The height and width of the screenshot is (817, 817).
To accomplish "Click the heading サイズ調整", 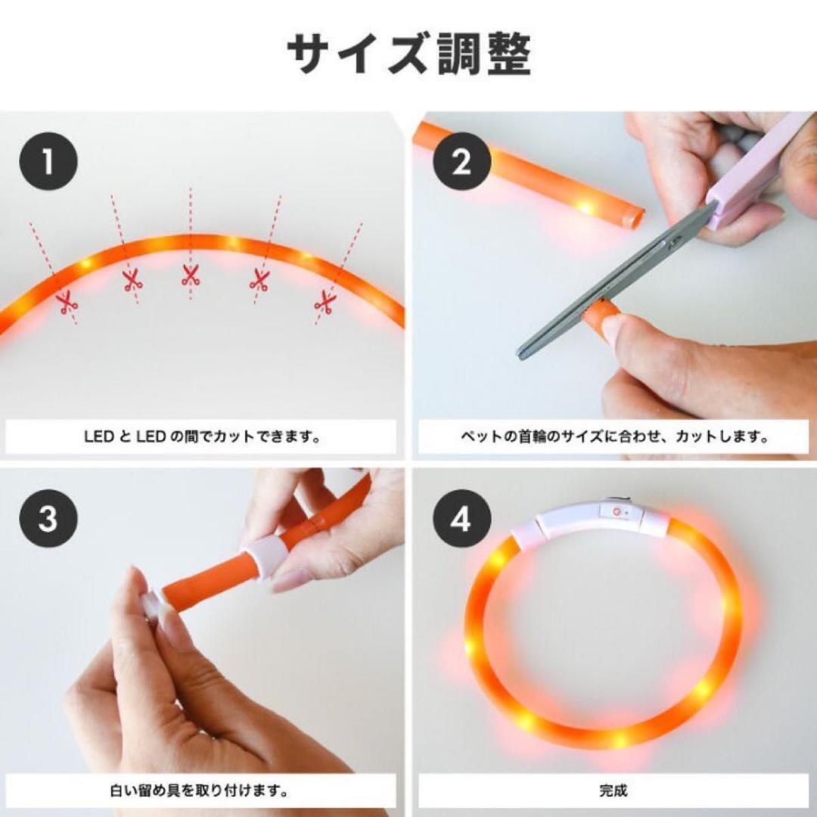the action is (409, 54).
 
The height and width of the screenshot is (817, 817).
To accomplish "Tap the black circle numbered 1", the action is (48, 161).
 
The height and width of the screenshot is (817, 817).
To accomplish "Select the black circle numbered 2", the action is (462, 161).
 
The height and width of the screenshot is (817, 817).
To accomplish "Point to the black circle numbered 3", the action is (48, 518).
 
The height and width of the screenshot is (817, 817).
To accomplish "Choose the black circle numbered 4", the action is (462, 518).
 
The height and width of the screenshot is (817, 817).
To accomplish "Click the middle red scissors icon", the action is (191, 275).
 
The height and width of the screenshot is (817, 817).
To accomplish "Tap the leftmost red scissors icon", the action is (68, 303).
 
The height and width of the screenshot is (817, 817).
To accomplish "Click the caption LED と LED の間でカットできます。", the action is (202, 436).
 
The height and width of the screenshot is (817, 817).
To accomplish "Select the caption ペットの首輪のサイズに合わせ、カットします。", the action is (614, 436).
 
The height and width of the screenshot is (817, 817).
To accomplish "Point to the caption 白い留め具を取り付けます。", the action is (200, 791).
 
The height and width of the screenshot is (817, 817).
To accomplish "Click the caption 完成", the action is (613, 791).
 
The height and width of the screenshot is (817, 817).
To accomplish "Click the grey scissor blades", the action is (615, 281).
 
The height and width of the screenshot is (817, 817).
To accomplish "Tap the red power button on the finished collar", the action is (617, 511).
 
